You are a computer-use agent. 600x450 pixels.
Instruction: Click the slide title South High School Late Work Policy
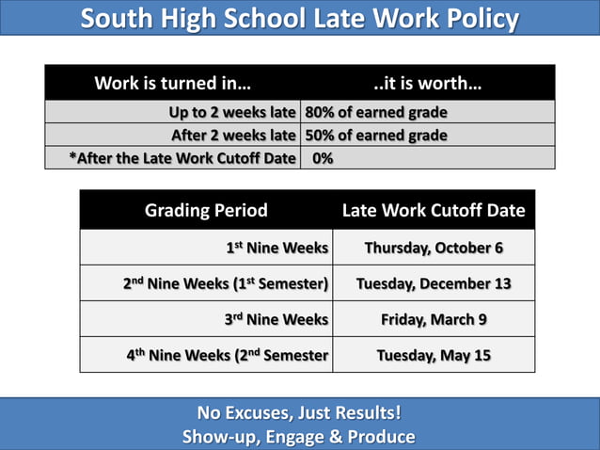coord(299,19)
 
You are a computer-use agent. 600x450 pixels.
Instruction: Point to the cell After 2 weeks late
coord(232,136)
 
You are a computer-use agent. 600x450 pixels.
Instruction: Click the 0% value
coord(323,158)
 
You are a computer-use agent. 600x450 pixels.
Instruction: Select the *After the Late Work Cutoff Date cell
coord(182,158)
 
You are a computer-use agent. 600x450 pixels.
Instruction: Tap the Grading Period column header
coord(206,210)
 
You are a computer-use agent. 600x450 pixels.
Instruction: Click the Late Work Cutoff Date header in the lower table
coord(434,210)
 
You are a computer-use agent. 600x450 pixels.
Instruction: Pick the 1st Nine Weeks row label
coord(276,249)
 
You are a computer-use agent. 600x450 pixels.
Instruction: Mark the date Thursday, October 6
coord(434,249)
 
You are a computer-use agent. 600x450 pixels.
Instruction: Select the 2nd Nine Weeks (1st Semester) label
coord(226,283)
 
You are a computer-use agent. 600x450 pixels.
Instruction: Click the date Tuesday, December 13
coord(434,283)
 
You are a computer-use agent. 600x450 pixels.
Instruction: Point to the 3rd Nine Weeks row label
coord(276,320)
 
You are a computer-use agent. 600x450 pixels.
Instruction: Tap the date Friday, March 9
coord(434,320)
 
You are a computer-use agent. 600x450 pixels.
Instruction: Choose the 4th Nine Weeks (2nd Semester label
coord(227,356)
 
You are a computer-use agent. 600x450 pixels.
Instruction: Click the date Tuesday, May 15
coord(434,356)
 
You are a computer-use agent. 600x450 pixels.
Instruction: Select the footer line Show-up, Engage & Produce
coord(299,437)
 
